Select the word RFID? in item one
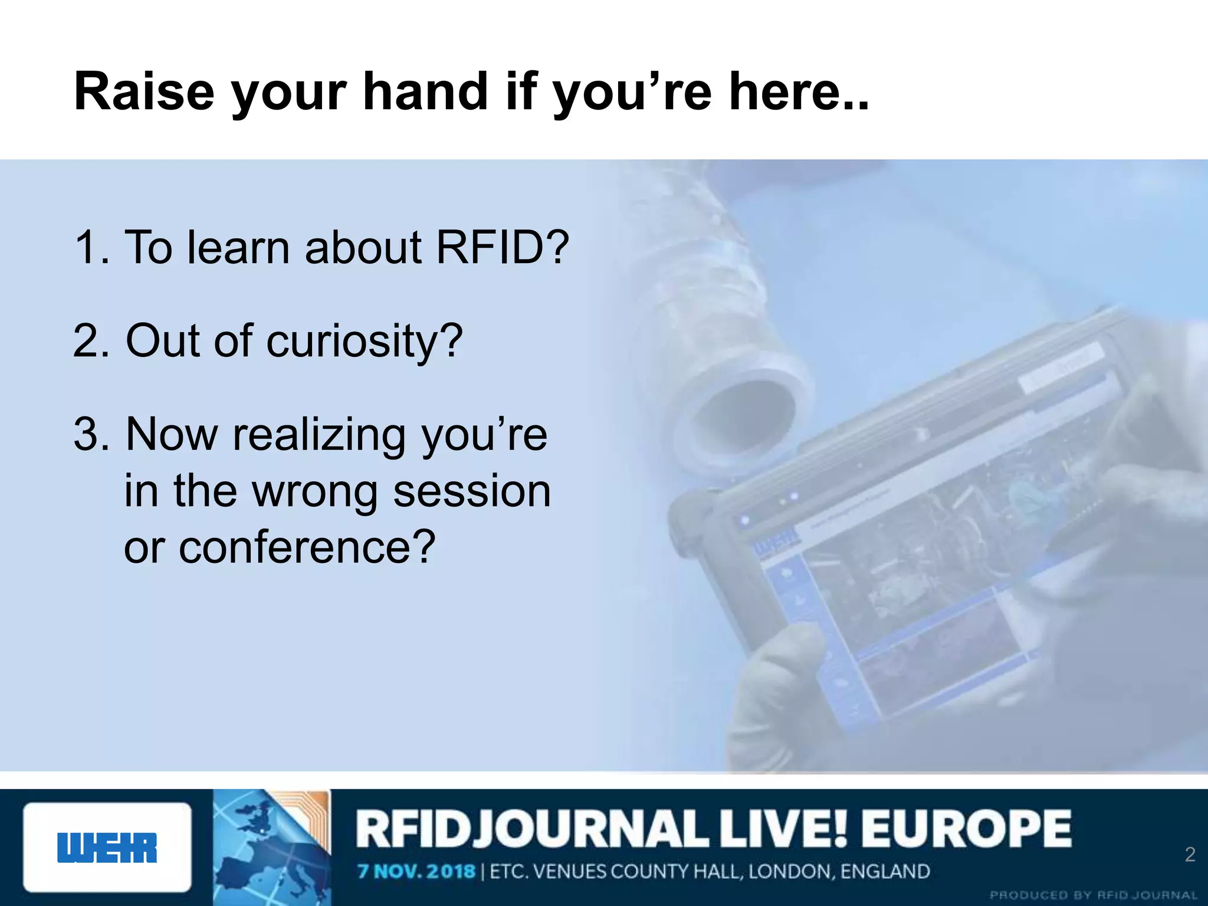(x=502, y=247)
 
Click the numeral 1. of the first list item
(x=92, y=247)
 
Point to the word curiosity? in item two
(x=365, y=341)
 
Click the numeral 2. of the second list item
(x=92, y=341)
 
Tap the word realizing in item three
(x=319, y=435)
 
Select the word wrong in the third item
(x=315, y=491)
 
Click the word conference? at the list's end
(x=307, y=547)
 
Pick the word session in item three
(x=472, y=491)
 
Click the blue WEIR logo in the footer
(x=107, y=848)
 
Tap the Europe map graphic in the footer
(x=271, y=848)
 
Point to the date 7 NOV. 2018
(x=416, y=871)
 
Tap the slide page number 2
(x=1190, y=854)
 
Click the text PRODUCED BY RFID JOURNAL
(x=1093, y=895)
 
